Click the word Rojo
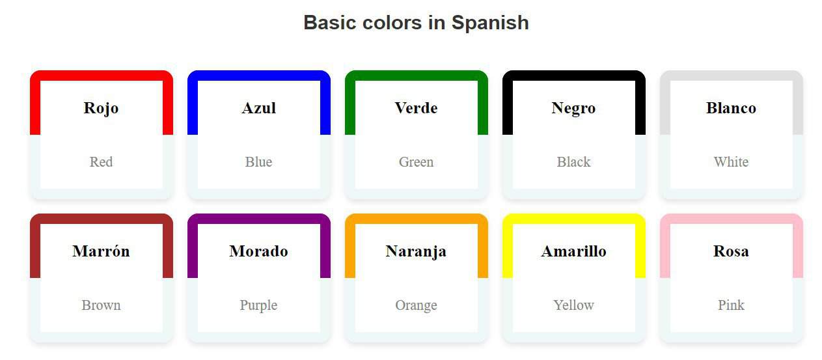pos(101,108)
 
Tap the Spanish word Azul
pos(259,108)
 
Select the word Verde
pos(416,108)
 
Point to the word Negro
pos(573,109)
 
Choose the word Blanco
pos(731,108)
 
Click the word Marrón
pos(101,251)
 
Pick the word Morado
pos(259,251)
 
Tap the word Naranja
pos(416,252)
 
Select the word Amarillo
pos(573,251)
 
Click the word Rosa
pos(731,251)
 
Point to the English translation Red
pos(101,162)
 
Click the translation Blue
pos(259,162)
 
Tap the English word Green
pos(416,162)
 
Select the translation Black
pos(573,162)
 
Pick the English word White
pos(731,162)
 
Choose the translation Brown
pos(101,305)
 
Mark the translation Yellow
pos(573,305)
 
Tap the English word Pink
pos(731,305)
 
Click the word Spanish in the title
pos(490,23)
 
